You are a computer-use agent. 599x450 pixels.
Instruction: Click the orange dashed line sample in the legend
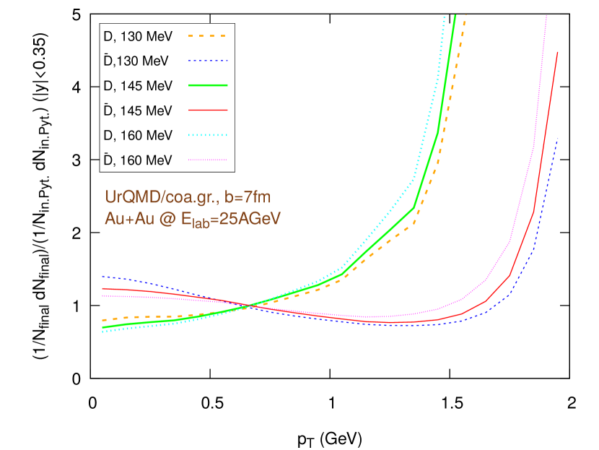tap(208, 35)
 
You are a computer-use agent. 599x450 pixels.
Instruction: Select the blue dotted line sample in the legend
tap(208, 61)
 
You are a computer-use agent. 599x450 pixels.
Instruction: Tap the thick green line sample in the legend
tap(208, 85)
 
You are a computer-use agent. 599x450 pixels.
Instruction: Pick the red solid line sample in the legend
tap(208, 110)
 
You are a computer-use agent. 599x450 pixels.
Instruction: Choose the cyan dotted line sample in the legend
tap(208, 135)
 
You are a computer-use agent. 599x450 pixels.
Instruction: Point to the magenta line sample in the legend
tap(208, 160)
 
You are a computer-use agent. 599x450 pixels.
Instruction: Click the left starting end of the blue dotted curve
tap(103, 276)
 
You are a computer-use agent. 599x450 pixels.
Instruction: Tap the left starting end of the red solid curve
tap(103, 288)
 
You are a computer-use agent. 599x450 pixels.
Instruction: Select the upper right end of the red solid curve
tap(558, 52)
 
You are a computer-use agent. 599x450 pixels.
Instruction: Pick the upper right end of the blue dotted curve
tap(558, 138)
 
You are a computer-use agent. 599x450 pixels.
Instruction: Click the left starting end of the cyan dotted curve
tap(103, 332)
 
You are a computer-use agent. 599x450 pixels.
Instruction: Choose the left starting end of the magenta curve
tap(103, 295)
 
